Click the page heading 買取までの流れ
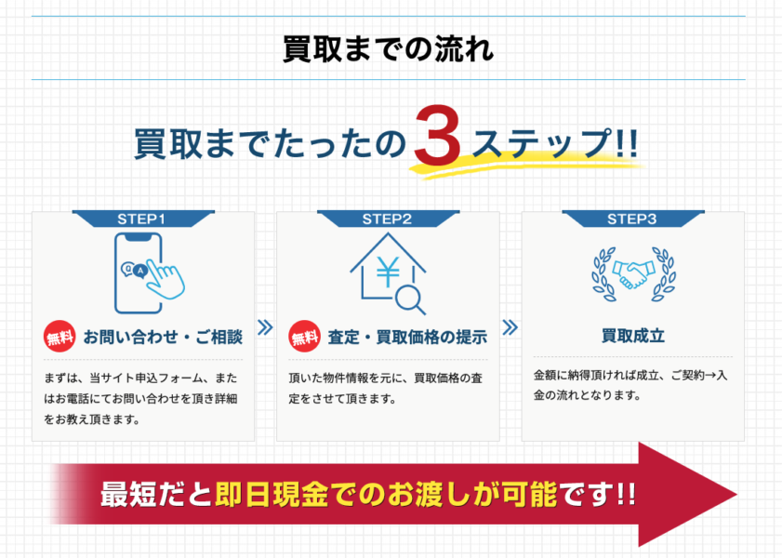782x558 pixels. (388, 49)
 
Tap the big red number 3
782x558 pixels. (437, 135)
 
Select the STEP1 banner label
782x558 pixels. (141, 219)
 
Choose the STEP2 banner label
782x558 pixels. (387, 219)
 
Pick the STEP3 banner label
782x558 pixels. (632, 219)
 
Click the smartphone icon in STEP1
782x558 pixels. (139, 273)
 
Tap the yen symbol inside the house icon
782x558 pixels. (388, 272)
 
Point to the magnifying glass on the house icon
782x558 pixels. (411, 299)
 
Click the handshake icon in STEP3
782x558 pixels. (633, 274)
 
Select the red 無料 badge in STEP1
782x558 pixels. (60, 337)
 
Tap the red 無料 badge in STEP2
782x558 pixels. (305, 337)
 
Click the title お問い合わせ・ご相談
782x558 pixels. (163, 337)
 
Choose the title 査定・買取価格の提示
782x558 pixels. (407, 337)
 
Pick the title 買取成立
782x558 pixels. (633, 336)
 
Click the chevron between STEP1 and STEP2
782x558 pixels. (265, 327)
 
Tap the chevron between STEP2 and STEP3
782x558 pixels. (510, 327)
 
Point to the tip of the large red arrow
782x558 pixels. (736, 495)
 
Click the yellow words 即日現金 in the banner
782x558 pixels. (272, 494)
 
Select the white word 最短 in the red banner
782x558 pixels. (128, 494)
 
